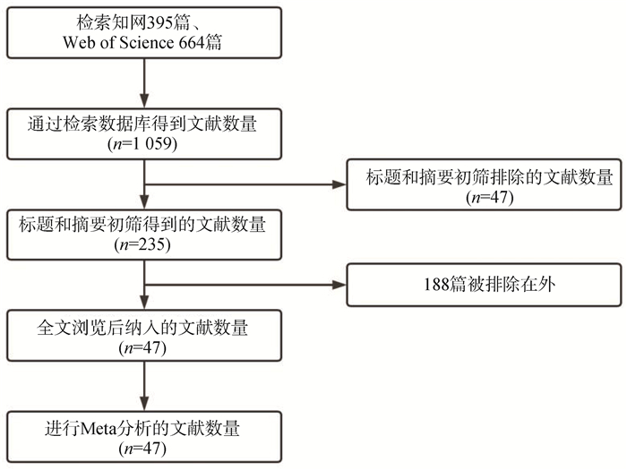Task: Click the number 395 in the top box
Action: [159, 23]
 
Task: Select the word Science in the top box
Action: [147, 42]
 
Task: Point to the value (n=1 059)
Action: [142, 143]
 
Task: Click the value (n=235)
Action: [142, 244]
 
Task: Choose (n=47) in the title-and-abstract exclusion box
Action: [489, 197]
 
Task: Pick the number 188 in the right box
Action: [437, 285]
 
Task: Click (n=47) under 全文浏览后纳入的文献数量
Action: [142, 347]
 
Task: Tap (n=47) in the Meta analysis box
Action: [142, 449]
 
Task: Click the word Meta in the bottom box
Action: [99, 429]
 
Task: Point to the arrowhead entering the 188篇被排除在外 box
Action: [339, 285]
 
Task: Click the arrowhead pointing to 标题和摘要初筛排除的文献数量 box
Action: [339, 184]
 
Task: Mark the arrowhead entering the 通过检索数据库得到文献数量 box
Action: [144, 100]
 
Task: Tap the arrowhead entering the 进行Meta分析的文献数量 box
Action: [144, 403]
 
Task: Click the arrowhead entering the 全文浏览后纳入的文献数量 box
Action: [144, 303]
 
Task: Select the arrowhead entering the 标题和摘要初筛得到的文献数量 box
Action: [144, 201]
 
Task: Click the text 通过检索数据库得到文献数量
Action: [142, 124]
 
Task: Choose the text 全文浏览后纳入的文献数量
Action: [142, 329]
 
